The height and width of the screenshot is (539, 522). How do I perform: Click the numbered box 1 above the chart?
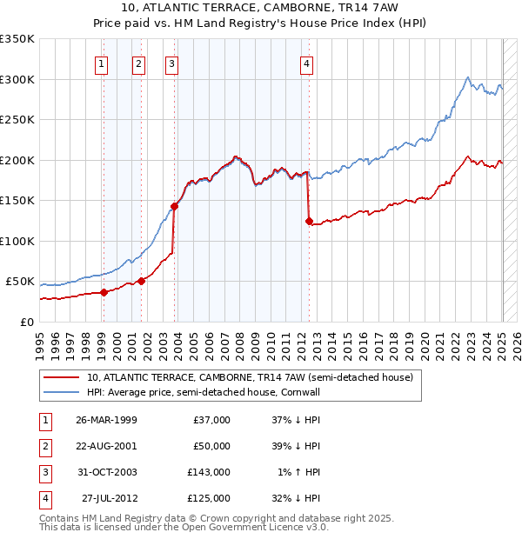103,62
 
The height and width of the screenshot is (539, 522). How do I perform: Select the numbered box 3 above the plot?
171,62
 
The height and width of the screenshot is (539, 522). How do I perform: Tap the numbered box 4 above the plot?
307,62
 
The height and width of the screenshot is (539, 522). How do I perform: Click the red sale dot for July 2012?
309,221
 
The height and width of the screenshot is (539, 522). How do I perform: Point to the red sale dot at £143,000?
175,206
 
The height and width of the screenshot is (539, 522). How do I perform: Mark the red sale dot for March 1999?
104,292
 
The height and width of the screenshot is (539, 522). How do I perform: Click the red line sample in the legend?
61,377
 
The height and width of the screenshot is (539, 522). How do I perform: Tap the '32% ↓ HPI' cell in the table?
297,498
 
